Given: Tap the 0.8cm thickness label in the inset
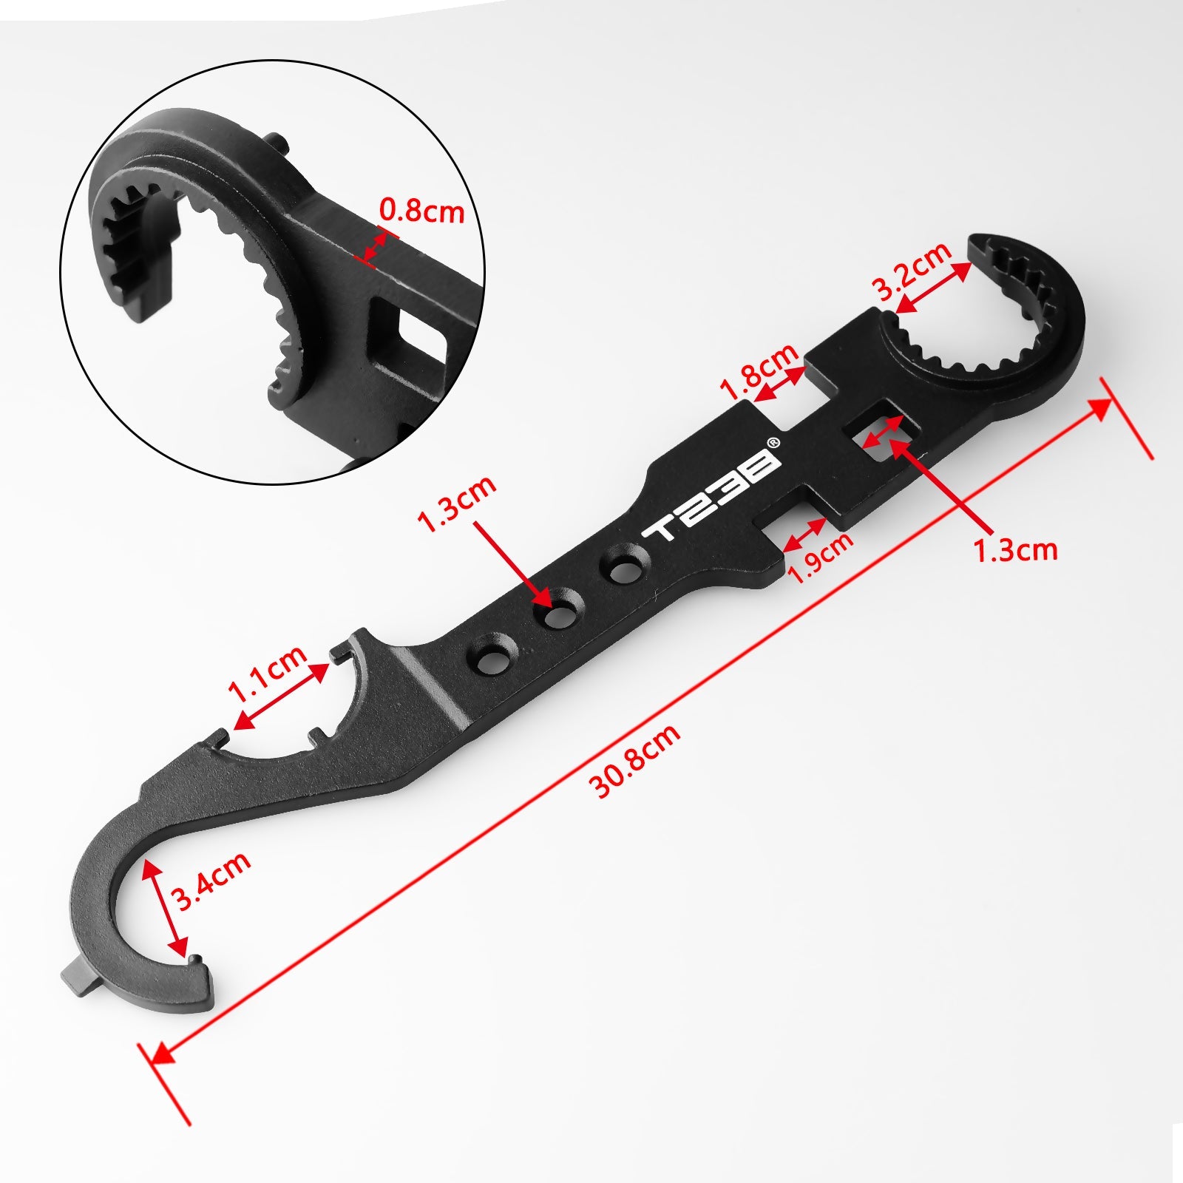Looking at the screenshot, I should coord(421,212).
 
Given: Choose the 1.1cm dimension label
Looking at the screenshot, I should coord(268,674).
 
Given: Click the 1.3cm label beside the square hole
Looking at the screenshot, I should coord(1015,549).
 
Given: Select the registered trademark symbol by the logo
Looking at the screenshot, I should coord(773,443).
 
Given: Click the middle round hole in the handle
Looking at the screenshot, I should coord(561,608).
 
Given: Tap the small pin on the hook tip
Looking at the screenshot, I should coord(195,960).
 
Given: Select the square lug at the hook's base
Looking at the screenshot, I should coord(77,980).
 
